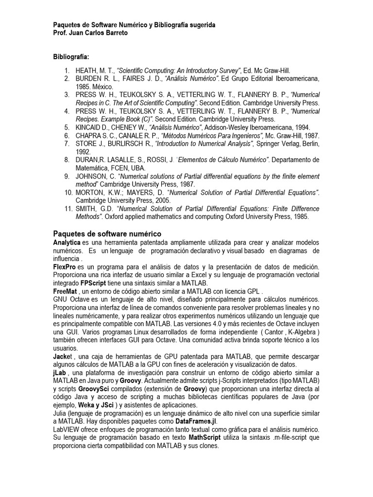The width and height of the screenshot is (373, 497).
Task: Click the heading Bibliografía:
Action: click(71, 57)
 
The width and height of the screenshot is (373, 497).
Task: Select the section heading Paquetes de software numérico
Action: click(107, 234)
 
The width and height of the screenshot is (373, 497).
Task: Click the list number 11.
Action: click(68, 209)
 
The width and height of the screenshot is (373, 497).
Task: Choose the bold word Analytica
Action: click(67, 242)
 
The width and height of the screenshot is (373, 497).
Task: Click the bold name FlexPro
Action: click(64, 267)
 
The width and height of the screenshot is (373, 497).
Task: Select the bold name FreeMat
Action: click(65, 291)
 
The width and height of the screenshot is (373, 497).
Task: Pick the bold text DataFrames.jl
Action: click(189, 421)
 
